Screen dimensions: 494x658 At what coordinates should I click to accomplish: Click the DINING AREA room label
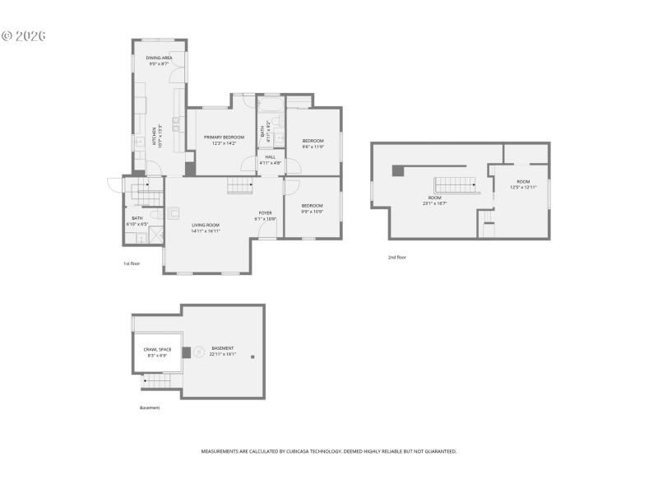click(159, 58)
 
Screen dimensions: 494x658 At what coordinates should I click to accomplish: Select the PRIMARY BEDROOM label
click(225, 137)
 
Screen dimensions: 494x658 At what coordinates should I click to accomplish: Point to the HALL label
click(270, 156)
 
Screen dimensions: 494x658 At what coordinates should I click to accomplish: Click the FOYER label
click(265, 213)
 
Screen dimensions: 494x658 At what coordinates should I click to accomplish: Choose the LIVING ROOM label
click(206, 225)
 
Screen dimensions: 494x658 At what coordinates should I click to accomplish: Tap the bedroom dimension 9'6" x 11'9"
click(313, 147)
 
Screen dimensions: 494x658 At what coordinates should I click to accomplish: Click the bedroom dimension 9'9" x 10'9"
click(312, 212)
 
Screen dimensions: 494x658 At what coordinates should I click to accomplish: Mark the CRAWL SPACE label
click(158, 349)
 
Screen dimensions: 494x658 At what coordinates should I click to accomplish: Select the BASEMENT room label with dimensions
click(223, 352)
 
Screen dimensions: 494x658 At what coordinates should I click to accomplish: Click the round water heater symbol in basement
click(197, 352)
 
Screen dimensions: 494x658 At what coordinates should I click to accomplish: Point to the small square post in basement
click(253, 357)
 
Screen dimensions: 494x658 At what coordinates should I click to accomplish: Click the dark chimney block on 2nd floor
click(398, 170)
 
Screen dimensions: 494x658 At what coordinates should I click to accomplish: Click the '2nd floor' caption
click(397, 257)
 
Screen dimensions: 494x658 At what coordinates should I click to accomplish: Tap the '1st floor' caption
click(132, 263)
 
